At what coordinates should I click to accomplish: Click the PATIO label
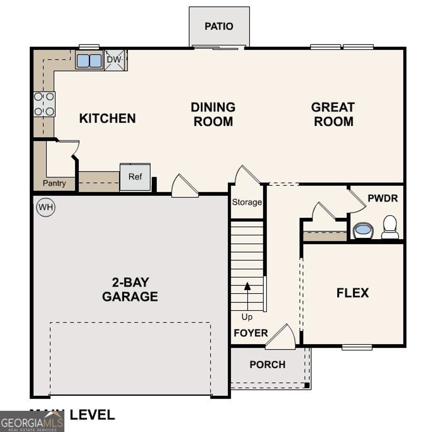[x=219, y=26]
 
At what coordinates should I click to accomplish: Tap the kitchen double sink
[x=89, y=61]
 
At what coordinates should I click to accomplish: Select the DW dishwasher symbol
[x=114, y=60]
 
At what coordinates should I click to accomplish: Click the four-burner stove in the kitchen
[x=44, y=104]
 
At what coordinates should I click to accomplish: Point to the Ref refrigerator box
[x=135, y=177]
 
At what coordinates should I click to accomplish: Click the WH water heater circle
[x=46, y=207]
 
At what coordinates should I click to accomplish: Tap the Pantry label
[x=54, y=184]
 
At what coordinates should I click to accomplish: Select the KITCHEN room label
[x=108, y=119]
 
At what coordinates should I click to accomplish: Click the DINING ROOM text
[x=213, y=114]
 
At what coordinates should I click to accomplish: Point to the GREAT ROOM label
[x=333, y=114]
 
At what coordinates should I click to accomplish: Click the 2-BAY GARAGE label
[x=130, y=289]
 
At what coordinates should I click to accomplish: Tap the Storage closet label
[x=247, y=202]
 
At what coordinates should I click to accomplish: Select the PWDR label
[x=383, y=198]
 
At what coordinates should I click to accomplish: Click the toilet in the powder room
[x=390, y=227]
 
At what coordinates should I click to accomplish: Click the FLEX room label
[x=353, y=293]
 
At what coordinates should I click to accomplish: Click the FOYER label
[x=251, y=333]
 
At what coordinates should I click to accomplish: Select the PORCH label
[x=267, y=364]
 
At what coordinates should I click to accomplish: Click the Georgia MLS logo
[x=32, y=421]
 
